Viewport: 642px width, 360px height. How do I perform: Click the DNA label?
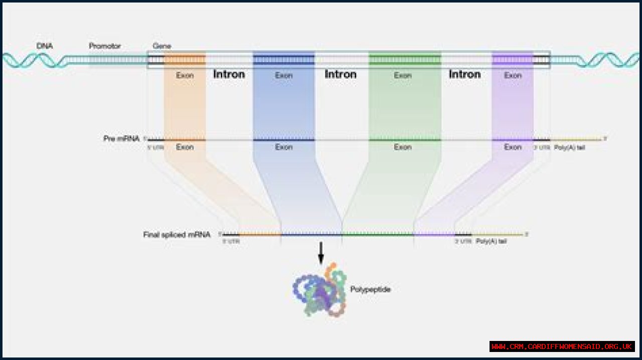point(45,46)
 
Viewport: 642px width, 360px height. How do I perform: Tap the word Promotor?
point(105,46)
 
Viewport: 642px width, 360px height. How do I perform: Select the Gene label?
point(162,46)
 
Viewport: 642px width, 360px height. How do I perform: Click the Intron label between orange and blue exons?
point(229,74)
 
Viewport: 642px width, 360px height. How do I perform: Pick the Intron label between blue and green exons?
point(341,74)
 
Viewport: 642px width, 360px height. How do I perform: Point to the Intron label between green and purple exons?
point(465,74)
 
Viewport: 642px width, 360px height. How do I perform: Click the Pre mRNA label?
point(121,138)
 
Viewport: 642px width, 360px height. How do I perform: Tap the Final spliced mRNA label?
point(177,234)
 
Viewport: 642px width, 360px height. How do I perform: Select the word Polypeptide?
point(370,289)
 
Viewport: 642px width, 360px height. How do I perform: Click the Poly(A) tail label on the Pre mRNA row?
point(569,147)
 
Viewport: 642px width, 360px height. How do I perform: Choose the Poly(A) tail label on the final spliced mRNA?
point(491,241)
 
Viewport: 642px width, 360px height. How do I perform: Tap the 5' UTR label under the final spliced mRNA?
point(231,241)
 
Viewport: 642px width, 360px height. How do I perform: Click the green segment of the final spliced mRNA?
point(378,234)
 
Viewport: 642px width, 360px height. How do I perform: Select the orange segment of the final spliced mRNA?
point(260,234)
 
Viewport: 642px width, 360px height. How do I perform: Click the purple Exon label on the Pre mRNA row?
point(513,147)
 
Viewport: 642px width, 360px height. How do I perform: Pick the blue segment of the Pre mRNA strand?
point(284,140)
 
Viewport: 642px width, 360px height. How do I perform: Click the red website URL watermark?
point(562,346)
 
